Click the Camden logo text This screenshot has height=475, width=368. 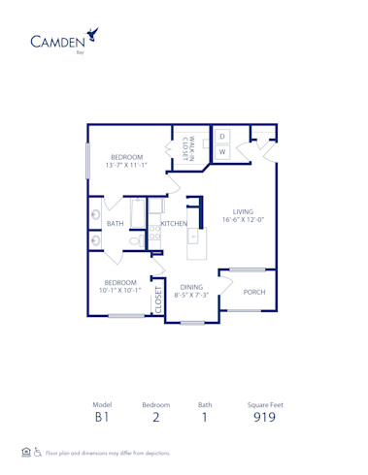coord(56,41)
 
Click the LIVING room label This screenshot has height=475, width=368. coord(242,210)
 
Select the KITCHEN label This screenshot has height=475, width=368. coord(174,224)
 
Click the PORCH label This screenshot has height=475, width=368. coord(254,292)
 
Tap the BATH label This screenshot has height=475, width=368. coord(115,224)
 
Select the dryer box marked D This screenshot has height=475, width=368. coord(221,137)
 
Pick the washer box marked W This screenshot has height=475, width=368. coord(221,152)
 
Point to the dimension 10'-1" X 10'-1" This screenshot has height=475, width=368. coord(121,290)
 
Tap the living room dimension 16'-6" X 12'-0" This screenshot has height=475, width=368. coord(243,220)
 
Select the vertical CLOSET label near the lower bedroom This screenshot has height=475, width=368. coord(158,301)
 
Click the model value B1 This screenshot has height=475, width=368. coord(102,419)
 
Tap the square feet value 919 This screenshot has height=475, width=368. coord(264,419)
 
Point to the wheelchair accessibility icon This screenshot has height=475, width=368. coord(38,452)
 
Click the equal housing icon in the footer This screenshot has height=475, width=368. coord(26,452)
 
